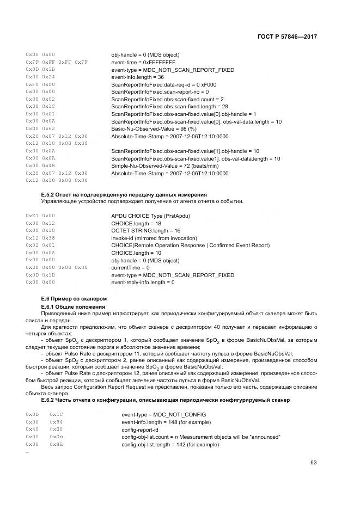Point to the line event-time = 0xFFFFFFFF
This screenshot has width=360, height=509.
tap(136, 62)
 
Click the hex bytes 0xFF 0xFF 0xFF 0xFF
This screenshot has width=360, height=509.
tap(57, 62)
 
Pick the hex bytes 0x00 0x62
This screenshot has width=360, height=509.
tap(40, 128)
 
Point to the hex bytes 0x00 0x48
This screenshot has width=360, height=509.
tap(40, 165)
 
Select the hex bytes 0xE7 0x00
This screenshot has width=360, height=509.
tap(40, 216)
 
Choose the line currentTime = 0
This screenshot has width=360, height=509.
tap(130, 267)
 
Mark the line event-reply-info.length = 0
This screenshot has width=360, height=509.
tap(143, 282)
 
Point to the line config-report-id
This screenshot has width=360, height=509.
tap(141, 429)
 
